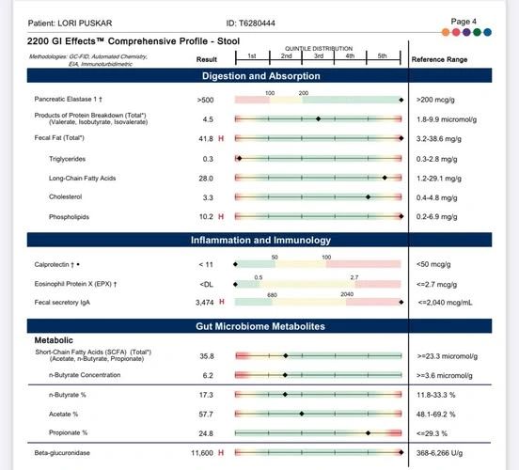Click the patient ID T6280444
click(x=257, y=23)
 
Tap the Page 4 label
click(x=464, y=22)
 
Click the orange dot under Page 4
click(x=446, y=32)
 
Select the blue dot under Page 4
click(x=487, y=32)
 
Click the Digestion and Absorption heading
click(x=261, y=76)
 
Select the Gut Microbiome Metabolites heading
click(x=260, y=326)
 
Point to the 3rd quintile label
click(x=319, y=56)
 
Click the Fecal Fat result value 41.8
click(x=206, y=139)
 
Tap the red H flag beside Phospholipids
click(x=221, y=216)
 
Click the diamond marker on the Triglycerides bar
click(x=240, y=159)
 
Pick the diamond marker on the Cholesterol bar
click(x=368, y=197)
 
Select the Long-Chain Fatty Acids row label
click(x=83, y=178)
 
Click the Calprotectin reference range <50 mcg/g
click(x=433, y=264)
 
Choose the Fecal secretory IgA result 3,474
click(x=205, y=302)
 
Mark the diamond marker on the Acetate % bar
click(x=302, y=414)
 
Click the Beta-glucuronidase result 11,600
click(x=202, y=453)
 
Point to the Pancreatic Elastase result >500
click(x=205, y=100)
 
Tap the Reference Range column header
click(x=439, y=59)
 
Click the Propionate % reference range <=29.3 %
click(x=432, y=433)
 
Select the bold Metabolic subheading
click(x=54, y=340)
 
